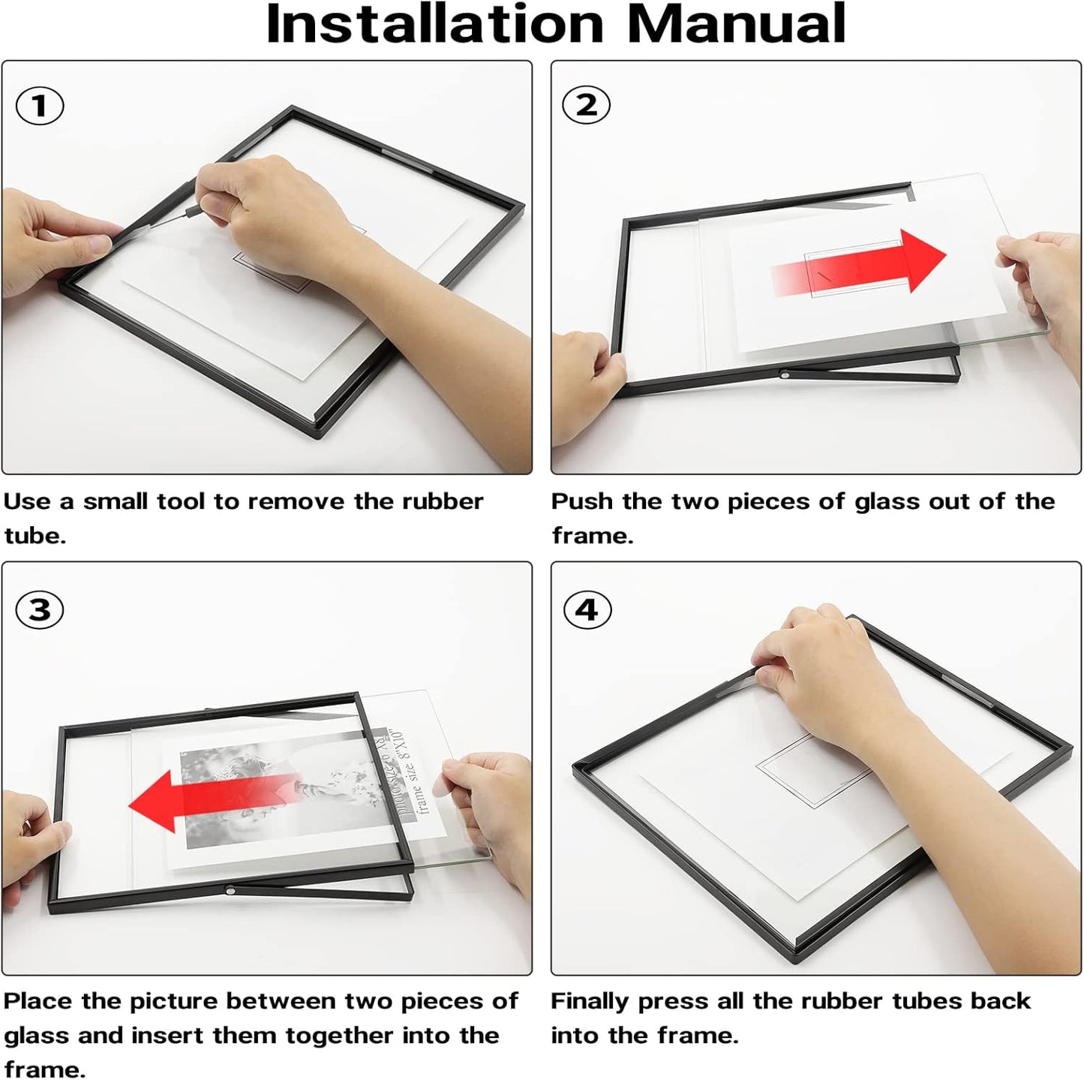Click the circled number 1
coord(40,106)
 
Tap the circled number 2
coord(587,106)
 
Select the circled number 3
coord(40,609)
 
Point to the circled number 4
coord(587,609)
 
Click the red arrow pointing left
coord(214,802)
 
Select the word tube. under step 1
coord(35,535)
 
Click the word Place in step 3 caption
coord(37,1000)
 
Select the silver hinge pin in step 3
coord(230,891)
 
